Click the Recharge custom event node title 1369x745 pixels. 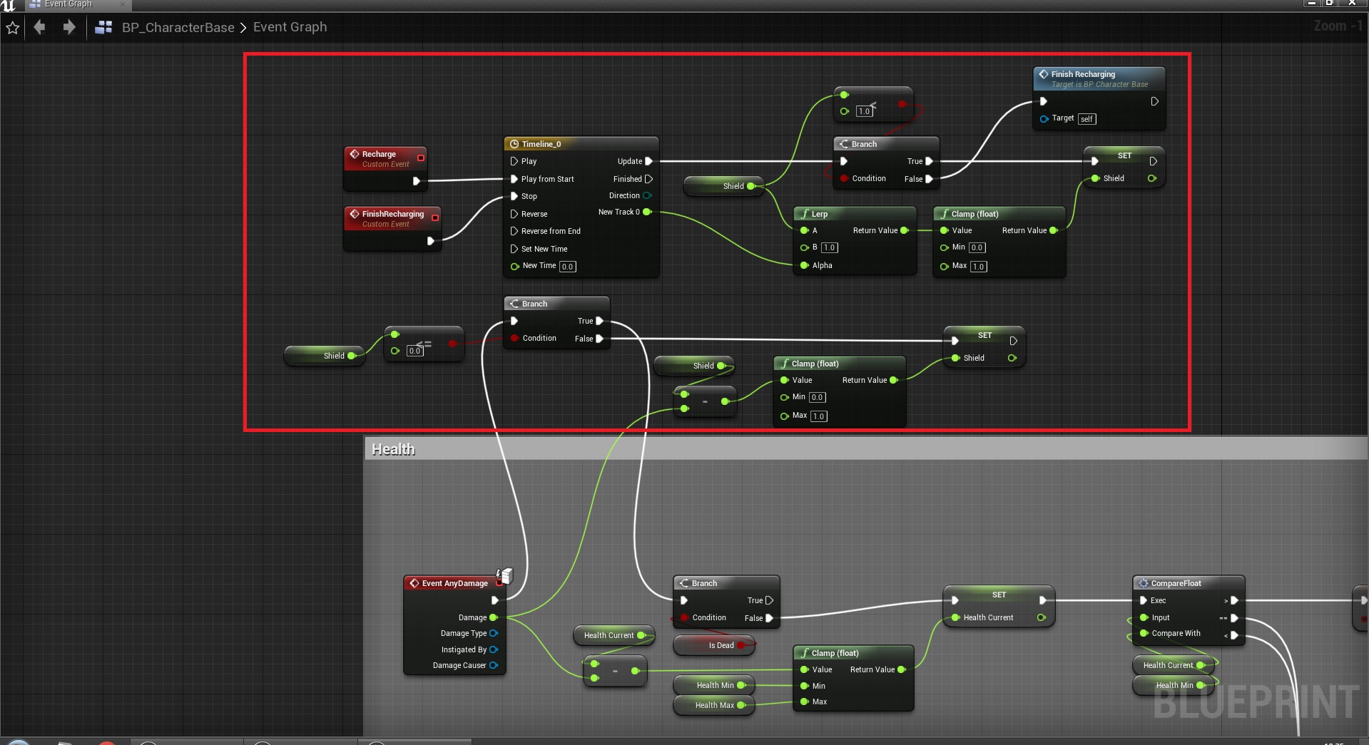pyautogui.click(x=379, y=154)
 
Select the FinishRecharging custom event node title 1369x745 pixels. pyautogui.click(x=392, y=214)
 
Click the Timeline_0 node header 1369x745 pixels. pyautogui.click(x=541, y=144)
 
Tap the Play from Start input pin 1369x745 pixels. pyautogui.click(x=514, y=179)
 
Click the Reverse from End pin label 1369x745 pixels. pyautogui.click(x=550, y=231)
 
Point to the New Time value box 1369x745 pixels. pyautogui.click(x=567, y=267)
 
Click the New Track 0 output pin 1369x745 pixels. pyautogui.click(x=647, y=212)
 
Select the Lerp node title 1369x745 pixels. pyautogui.click(x=819, y=214)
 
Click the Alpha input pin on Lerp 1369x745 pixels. pyautogui.click(x=805, y=265)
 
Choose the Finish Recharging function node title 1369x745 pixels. pyautogui.click(x=1082, y=74)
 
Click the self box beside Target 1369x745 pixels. pyautogui.click(x=1086, y=119)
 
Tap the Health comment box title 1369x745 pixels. pyautogui.click(x=393, y=449)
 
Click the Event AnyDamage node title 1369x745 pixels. pyautogui.click(x=454, y=583)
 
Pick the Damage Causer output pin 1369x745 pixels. pyautogui.click(x=494, y=665)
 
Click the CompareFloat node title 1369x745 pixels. pyautogui.click(x=1176, y=583)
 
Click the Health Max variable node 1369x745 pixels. pyautogui.click(x=714, y=705)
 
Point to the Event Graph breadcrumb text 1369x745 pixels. pyautogui.click(x=290, y=27)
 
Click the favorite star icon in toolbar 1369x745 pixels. pyautogui.click(x=13, y=28)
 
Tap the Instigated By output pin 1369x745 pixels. pyautogui.click(x=494, y=649)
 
